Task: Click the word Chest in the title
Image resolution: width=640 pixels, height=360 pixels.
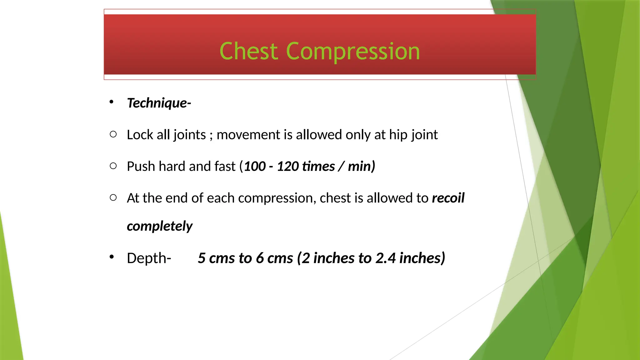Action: click(248, 51)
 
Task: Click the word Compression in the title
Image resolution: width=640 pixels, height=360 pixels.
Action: click(353, 52)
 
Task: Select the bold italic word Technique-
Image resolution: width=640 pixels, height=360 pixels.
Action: click(159, 103)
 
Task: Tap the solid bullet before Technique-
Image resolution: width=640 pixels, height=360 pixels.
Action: click(112, 102)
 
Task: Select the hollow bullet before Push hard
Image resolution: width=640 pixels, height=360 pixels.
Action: click(113, 166)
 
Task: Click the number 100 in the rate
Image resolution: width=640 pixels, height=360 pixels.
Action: click(255, 166)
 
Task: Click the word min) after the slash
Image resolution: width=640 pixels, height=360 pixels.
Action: click(361, 166)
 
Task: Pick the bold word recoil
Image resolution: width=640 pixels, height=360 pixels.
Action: click(448, 198)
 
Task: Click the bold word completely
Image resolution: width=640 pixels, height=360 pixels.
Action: click(160, 226)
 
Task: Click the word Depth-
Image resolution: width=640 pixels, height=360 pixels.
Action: click(149, 258)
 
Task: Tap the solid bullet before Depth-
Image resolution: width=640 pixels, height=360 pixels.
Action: click(112, 257)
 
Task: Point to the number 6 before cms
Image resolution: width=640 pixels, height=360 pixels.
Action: click(260, 258)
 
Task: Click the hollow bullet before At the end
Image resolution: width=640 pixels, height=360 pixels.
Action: click(113, 197)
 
